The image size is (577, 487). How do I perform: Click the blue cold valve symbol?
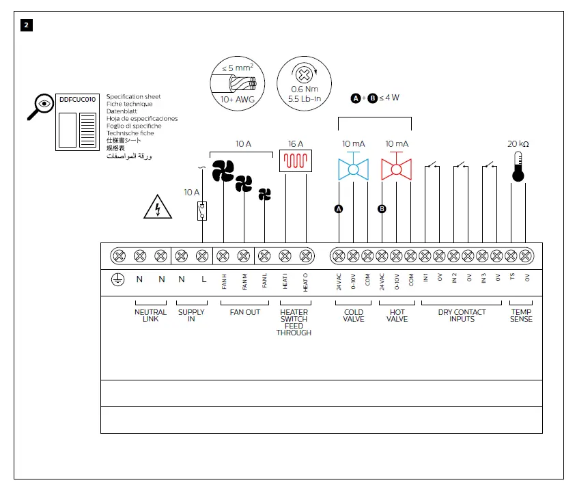click(353, 169)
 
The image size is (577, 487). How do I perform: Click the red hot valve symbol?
click(397, 169)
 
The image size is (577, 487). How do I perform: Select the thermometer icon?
click(518, 166)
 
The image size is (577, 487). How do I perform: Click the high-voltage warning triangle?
click(158, 206)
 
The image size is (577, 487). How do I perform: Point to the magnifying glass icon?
click(40, 106)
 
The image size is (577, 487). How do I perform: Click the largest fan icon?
click(223, 171)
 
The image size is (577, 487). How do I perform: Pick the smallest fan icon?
click(265, 195)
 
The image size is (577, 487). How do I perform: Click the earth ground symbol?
click(117, 279)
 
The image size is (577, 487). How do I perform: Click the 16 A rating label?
click(295, 144)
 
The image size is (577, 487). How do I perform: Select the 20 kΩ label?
click(518, 144)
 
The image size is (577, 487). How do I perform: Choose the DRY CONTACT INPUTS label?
click(462, 316)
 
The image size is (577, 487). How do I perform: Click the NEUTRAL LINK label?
click(150, 316)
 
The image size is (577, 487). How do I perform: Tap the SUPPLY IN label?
click(191, 316)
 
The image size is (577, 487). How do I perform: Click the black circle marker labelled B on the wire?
click(382, 209)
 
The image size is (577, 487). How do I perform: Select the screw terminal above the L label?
click(201, 257)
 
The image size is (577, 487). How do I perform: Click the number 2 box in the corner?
click(26, 25)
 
